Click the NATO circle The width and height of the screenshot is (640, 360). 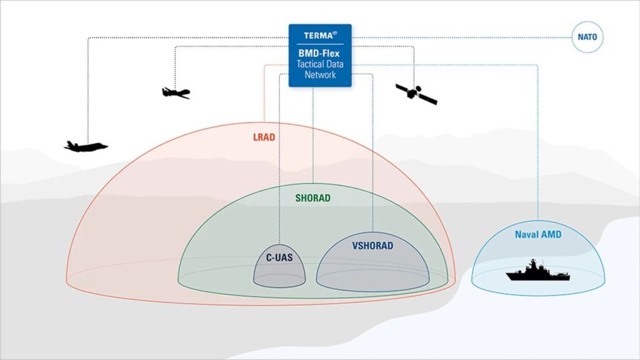point(586,37)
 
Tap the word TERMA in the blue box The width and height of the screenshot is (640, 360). point(316,36)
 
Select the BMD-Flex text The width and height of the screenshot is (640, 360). point(319,53)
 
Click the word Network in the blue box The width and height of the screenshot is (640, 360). point(319,75)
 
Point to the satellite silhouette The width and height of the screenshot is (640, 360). point(416,94)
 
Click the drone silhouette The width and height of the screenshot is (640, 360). point(176,92)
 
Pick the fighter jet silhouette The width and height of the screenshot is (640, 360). point(86,146)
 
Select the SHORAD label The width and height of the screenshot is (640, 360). point(312,198)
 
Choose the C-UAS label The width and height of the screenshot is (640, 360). point(279,256)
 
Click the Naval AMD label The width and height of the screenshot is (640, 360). point(538,235)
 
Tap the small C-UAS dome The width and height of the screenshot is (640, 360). point(279,272)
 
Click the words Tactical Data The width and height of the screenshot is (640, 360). point(319,64)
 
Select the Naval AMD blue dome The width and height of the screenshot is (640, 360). point(562,256)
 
